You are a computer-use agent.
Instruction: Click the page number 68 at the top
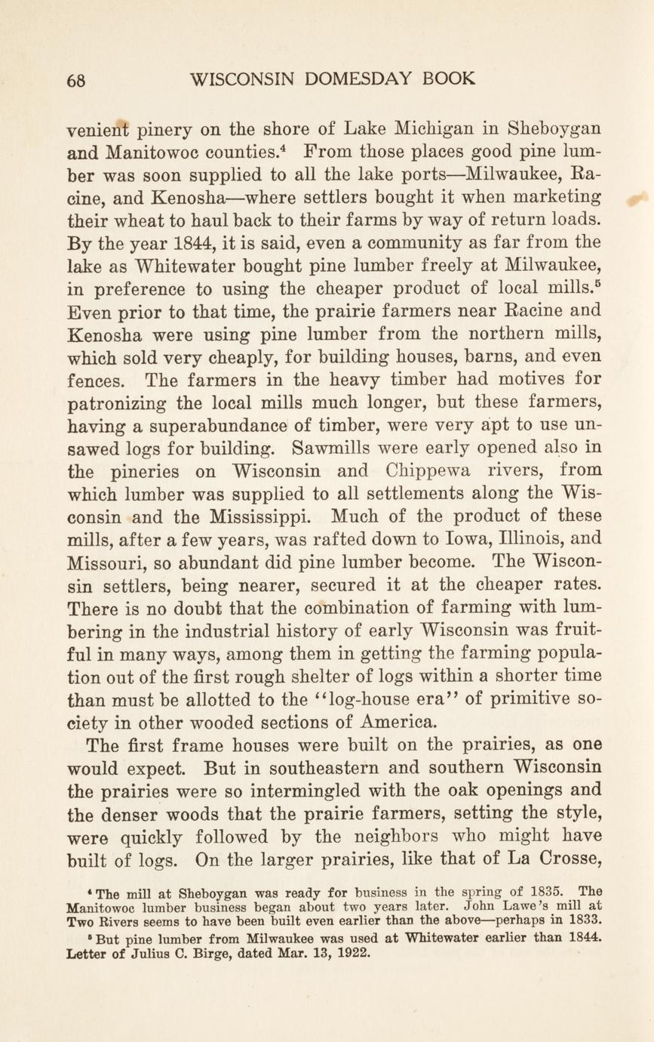(x=76, y=79)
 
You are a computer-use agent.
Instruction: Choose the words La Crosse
(x=548, y=859)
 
